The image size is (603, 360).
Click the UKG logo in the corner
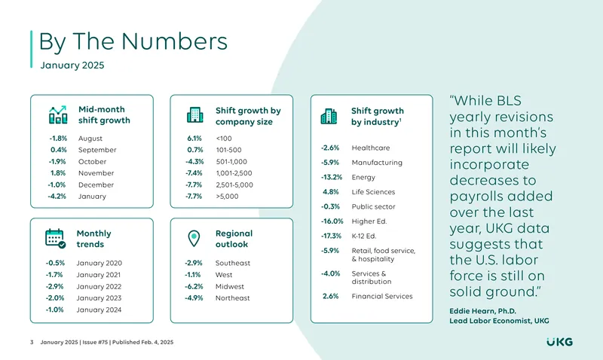559,342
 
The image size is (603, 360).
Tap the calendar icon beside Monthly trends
55,239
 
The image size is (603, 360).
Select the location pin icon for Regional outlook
194,239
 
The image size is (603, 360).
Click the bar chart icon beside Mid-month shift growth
58,115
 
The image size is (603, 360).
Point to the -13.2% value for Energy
332,177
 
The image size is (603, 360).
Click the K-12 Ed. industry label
364,236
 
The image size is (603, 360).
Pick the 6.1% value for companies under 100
194,139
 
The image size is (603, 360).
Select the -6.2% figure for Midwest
194,286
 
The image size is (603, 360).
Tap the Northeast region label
233,297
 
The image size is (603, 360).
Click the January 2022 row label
99,286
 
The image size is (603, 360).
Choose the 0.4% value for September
59,150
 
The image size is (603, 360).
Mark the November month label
96,173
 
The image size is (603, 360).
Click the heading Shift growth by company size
248,116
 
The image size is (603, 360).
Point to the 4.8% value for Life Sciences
331,192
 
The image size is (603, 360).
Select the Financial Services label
382,296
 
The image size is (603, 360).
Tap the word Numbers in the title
175,41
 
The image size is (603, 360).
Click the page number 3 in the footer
32,342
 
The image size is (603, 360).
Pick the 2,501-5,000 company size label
234,185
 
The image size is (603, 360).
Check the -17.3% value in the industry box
331,236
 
